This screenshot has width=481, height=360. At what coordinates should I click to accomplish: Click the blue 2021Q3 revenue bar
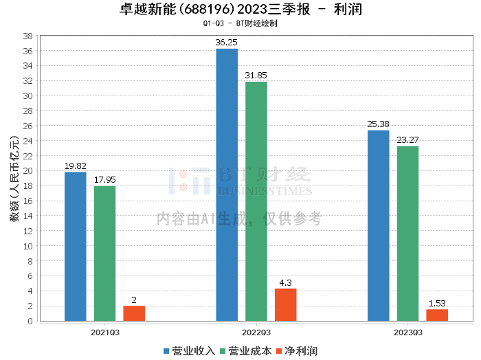tap(76, 246)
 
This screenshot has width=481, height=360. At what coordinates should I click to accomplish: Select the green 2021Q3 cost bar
tap(105, 254)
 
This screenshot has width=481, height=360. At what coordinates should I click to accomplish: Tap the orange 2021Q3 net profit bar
tap(134, 313)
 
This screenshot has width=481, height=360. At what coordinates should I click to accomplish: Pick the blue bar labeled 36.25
tap(227, 185)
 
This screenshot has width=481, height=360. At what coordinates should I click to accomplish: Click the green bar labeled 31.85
tap(256, 201)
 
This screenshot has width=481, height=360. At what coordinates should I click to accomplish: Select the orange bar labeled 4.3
tap(286, 304)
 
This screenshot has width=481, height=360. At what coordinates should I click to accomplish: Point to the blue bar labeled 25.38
tap(379, 225)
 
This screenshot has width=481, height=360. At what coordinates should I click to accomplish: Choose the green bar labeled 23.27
tap(407, 234)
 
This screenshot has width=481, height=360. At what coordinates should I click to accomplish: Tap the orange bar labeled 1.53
tap(437, 315)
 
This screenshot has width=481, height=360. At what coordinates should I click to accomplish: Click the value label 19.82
tap(76, 166)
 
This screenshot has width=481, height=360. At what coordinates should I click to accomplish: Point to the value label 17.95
tap(105, 180)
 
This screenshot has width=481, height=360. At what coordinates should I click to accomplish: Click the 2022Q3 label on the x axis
tap(256, 331)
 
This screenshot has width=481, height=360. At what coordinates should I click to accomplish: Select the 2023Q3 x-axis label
tap(407, 331)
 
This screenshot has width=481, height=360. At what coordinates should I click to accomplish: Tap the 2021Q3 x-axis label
tap(105, 331)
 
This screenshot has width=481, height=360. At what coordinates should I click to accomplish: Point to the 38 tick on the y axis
tap(28, 36)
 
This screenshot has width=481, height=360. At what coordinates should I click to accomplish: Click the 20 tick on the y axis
tap(28, 171)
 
